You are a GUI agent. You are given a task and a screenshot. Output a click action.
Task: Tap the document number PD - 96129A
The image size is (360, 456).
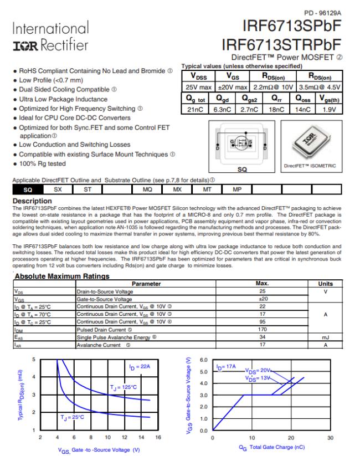pyautogui.click(x=322, y=12)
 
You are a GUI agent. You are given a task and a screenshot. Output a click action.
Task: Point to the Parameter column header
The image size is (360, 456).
pyautogui.click(x=146, y=284)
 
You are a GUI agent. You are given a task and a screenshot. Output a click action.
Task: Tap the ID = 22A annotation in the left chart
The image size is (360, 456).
pyautogui.click(x=141, y=367)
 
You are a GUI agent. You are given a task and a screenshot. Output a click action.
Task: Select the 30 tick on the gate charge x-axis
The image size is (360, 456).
pyautogui.click(x=331, y=438)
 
